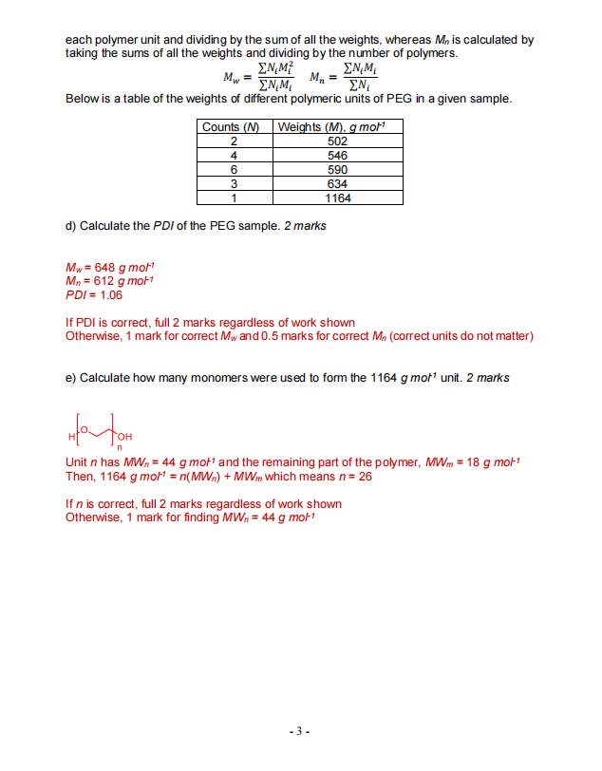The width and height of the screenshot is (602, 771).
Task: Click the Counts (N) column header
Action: coord(234,127)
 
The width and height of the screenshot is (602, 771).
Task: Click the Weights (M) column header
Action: coord(336,127)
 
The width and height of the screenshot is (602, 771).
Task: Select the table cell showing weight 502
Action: coord(336,141)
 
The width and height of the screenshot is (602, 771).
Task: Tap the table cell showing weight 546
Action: coord(336,156)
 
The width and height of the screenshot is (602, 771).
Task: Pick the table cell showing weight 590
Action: coord(336,170)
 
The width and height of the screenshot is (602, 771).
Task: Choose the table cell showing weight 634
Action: coord(336,184)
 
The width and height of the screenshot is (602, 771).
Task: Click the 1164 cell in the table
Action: coord(336,198)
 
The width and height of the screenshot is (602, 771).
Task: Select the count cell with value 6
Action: coord(234,170)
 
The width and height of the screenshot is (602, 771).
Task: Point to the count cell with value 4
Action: coord(234,156)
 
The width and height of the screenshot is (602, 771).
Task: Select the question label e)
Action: coord(71,378)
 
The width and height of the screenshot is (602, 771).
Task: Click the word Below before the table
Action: coord(82,99)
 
